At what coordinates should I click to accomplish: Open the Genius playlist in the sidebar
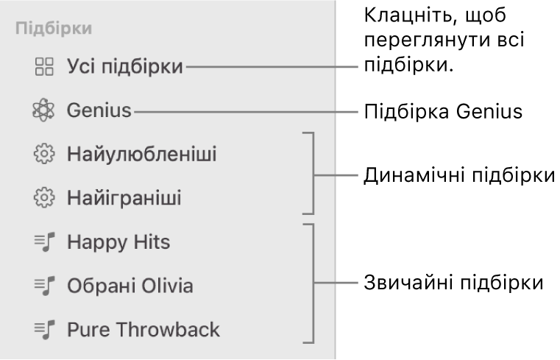99,112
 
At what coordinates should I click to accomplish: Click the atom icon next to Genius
44,112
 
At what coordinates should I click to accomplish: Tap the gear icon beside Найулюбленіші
45,155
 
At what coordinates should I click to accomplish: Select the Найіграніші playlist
123,198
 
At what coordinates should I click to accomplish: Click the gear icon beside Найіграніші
45,198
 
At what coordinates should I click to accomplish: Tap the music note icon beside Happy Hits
45,241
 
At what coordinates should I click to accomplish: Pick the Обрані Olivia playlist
130,285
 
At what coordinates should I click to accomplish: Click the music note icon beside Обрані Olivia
45,285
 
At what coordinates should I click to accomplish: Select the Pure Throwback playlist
143,328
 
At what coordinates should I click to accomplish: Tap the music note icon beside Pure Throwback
45,328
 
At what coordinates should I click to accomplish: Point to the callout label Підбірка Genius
439,112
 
